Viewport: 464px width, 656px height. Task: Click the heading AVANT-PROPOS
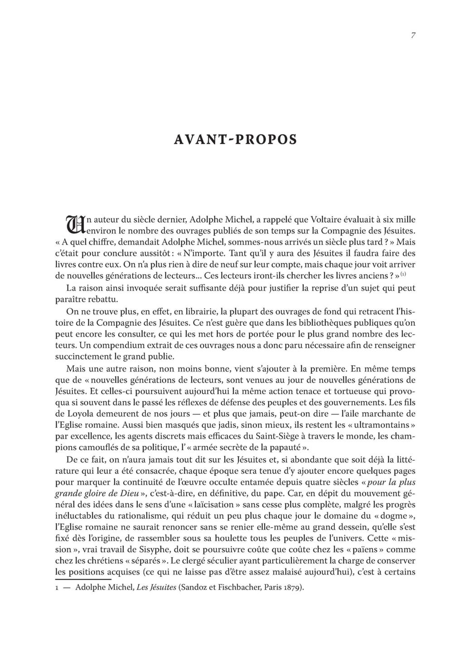coord(235,139)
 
